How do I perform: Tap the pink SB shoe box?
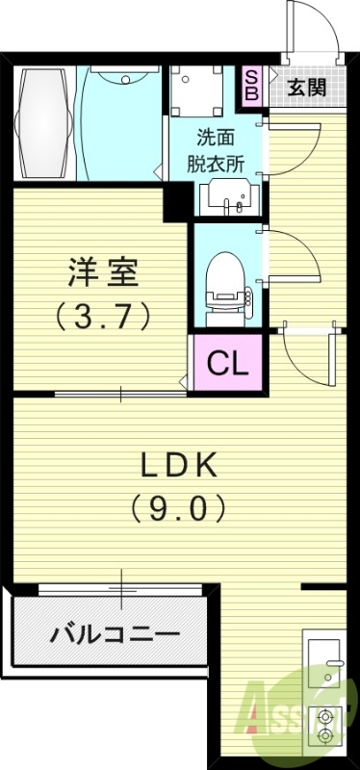[252, 85]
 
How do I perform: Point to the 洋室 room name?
[104, 272]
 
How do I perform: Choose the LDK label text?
[180, 465]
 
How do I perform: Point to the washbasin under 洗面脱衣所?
[227, 199]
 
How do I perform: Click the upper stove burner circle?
[324, 716]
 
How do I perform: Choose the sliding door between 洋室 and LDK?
[120, 393]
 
